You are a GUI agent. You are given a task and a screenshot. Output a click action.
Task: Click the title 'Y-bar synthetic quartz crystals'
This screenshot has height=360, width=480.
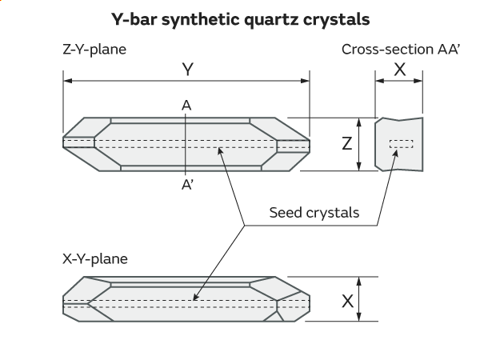(240, 18)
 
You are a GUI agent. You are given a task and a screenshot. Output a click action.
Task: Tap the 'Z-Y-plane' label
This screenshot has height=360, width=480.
(94, 50)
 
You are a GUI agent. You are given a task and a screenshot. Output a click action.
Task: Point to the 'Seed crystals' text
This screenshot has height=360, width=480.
(314, 213)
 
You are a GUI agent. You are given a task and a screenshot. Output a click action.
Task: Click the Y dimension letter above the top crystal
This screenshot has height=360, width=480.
(187, 70)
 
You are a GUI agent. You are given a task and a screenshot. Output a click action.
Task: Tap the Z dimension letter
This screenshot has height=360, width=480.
(346, 144)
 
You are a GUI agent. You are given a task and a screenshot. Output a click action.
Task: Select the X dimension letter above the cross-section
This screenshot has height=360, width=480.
(399, 70)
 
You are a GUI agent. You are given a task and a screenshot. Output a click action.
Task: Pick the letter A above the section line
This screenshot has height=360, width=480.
(186, 105)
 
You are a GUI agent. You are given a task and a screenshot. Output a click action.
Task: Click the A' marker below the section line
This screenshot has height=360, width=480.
(187, 183)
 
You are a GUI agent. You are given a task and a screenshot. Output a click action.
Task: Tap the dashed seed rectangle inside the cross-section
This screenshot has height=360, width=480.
(401, 144)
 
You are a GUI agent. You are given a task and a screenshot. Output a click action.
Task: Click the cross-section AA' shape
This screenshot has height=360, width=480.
(399, 157)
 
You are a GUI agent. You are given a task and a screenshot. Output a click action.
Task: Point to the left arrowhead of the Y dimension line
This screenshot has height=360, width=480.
(67, 81)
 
